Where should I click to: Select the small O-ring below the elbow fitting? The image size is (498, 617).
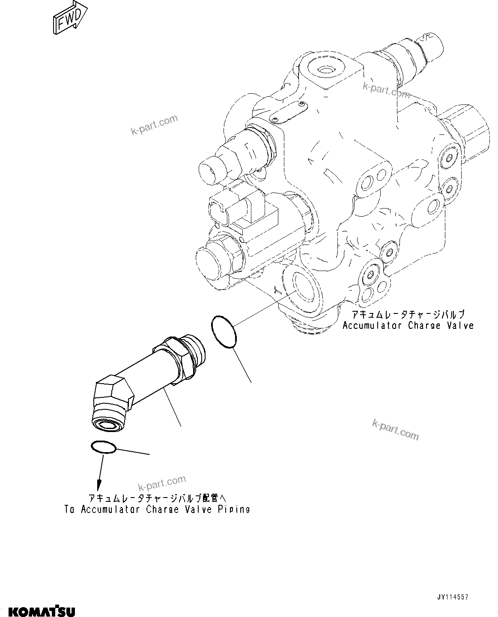[x=103, y=447]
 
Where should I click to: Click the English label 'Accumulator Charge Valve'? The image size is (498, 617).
[x=408, y=325]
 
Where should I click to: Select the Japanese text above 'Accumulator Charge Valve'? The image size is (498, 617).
[x=408, y=315]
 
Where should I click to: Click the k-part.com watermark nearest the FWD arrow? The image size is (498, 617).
[x=154, y=125]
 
